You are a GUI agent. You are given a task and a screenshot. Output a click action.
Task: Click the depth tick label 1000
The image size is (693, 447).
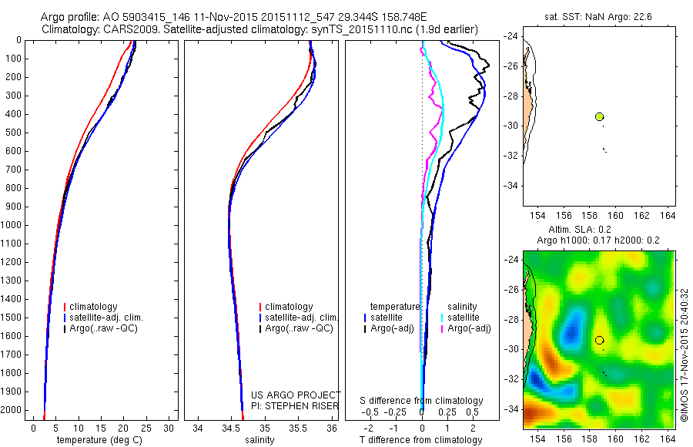(x=12, y=225)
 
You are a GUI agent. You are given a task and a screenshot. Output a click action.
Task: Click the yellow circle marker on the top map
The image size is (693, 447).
(x=600, y=116)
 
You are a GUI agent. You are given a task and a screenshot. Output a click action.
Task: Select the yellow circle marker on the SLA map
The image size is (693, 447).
(x=600, y=340)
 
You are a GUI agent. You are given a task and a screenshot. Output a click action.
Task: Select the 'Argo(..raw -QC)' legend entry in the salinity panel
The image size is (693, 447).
(x=299, y=328)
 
